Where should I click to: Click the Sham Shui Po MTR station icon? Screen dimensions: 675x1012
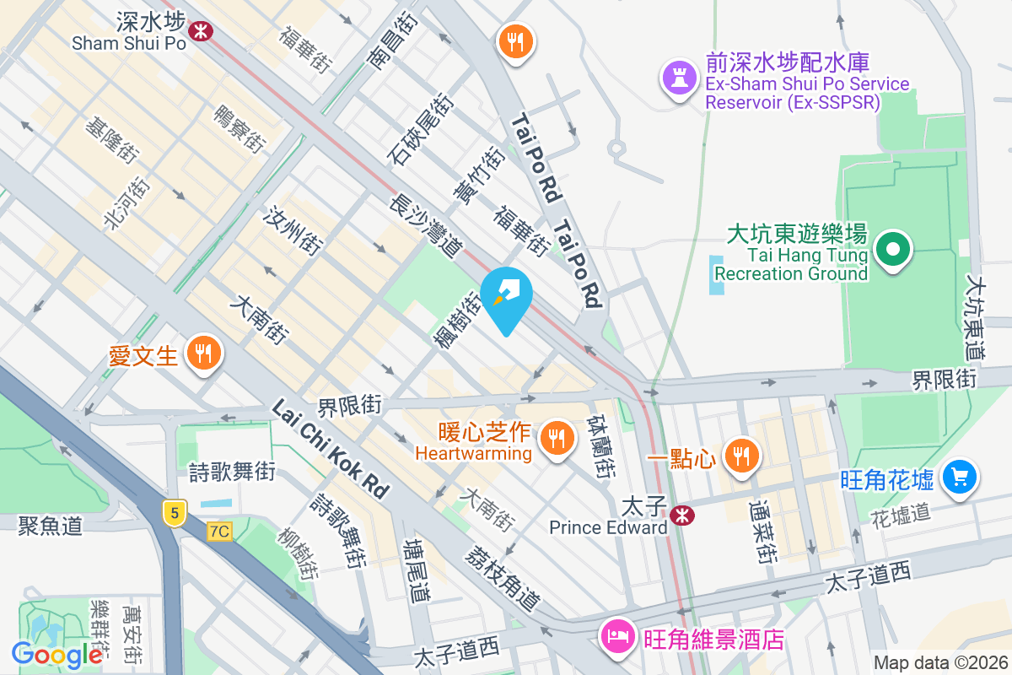tap(201, 31)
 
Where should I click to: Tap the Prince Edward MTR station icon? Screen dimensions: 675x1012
tap(682, 514)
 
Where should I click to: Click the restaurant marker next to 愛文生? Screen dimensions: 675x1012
tap(202, 354)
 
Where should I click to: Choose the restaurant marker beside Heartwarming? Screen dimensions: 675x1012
tap(555, 437)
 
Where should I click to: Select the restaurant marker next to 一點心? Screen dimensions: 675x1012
tap(741, 456)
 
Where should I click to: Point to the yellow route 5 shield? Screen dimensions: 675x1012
tap(174, 512)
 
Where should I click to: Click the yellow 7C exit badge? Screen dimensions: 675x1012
tap(219, 531)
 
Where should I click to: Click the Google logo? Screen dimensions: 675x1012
tap(57, 654)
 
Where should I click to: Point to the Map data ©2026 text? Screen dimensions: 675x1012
tap(939, 663)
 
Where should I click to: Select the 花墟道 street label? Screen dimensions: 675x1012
tap(900, 512)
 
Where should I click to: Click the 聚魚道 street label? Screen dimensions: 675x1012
tap(51, 526)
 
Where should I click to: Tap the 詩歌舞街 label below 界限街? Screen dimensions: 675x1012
tap(232, 471)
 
